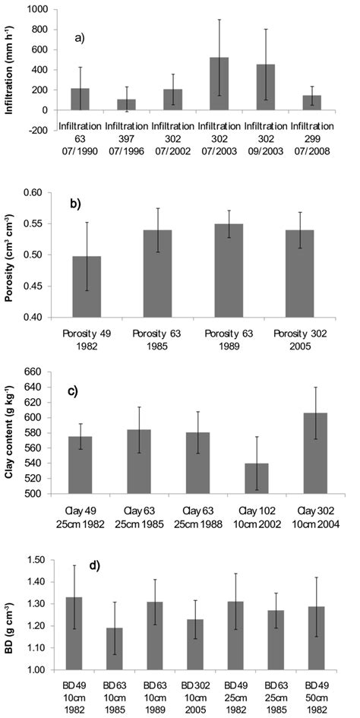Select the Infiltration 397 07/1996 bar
pyautogui.click(x=125, y=105)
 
